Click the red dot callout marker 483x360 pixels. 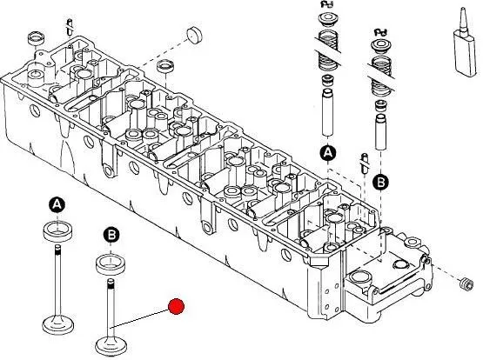(176, 306)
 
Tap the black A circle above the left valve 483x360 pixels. (57, 204)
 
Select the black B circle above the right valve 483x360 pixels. (111, 236)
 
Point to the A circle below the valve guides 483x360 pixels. (328, 153)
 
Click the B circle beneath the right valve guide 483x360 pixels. (380, 183)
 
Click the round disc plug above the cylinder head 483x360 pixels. (195, 36)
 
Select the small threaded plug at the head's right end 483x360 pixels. (466, 283)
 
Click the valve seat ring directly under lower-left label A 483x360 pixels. (57, 230)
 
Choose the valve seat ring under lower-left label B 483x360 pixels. (111, 264)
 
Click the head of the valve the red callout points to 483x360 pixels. (111, 346)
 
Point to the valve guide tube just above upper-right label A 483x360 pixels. (328, 112)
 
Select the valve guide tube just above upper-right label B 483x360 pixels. (380, 131)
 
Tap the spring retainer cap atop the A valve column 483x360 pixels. (328, 18)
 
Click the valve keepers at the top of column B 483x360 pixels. (381, 32)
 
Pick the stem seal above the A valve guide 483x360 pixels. (327, 81)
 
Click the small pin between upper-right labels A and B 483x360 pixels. (365, 163)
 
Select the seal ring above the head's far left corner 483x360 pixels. (37, 38)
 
